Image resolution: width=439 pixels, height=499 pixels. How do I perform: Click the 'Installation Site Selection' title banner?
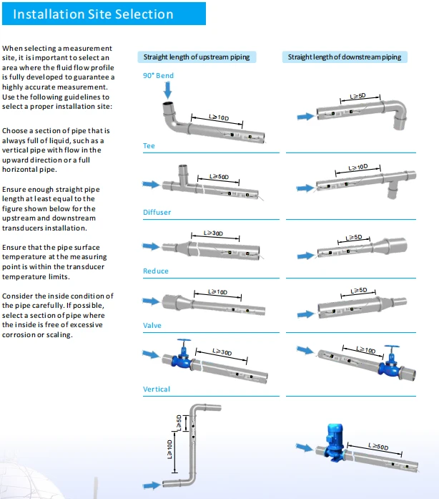[x=104, y=14]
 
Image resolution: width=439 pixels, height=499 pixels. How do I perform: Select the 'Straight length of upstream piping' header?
[x=197, y=57]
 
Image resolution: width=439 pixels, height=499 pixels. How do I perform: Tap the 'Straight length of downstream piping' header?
[x=345, y=57]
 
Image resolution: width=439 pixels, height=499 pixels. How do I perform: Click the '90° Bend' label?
[x=158, y=76]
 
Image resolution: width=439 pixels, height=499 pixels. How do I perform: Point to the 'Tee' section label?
[x=149, y=146]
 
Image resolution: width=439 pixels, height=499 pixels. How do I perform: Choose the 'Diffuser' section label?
[x=157, y=212]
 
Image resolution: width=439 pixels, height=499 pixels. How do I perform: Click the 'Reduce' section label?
[x=156, y=271]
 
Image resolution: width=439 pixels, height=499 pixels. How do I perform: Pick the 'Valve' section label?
[x=152, y=326]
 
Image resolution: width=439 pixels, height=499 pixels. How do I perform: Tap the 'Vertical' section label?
[x=157, y=389]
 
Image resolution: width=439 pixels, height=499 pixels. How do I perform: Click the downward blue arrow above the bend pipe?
[x=168, y=90]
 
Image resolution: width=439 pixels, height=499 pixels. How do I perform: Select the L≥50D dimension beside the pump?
[x=375, y=447]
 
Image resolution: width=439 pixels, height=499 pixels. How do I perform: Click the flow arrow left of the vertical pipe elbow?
[x=152, y=485]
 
